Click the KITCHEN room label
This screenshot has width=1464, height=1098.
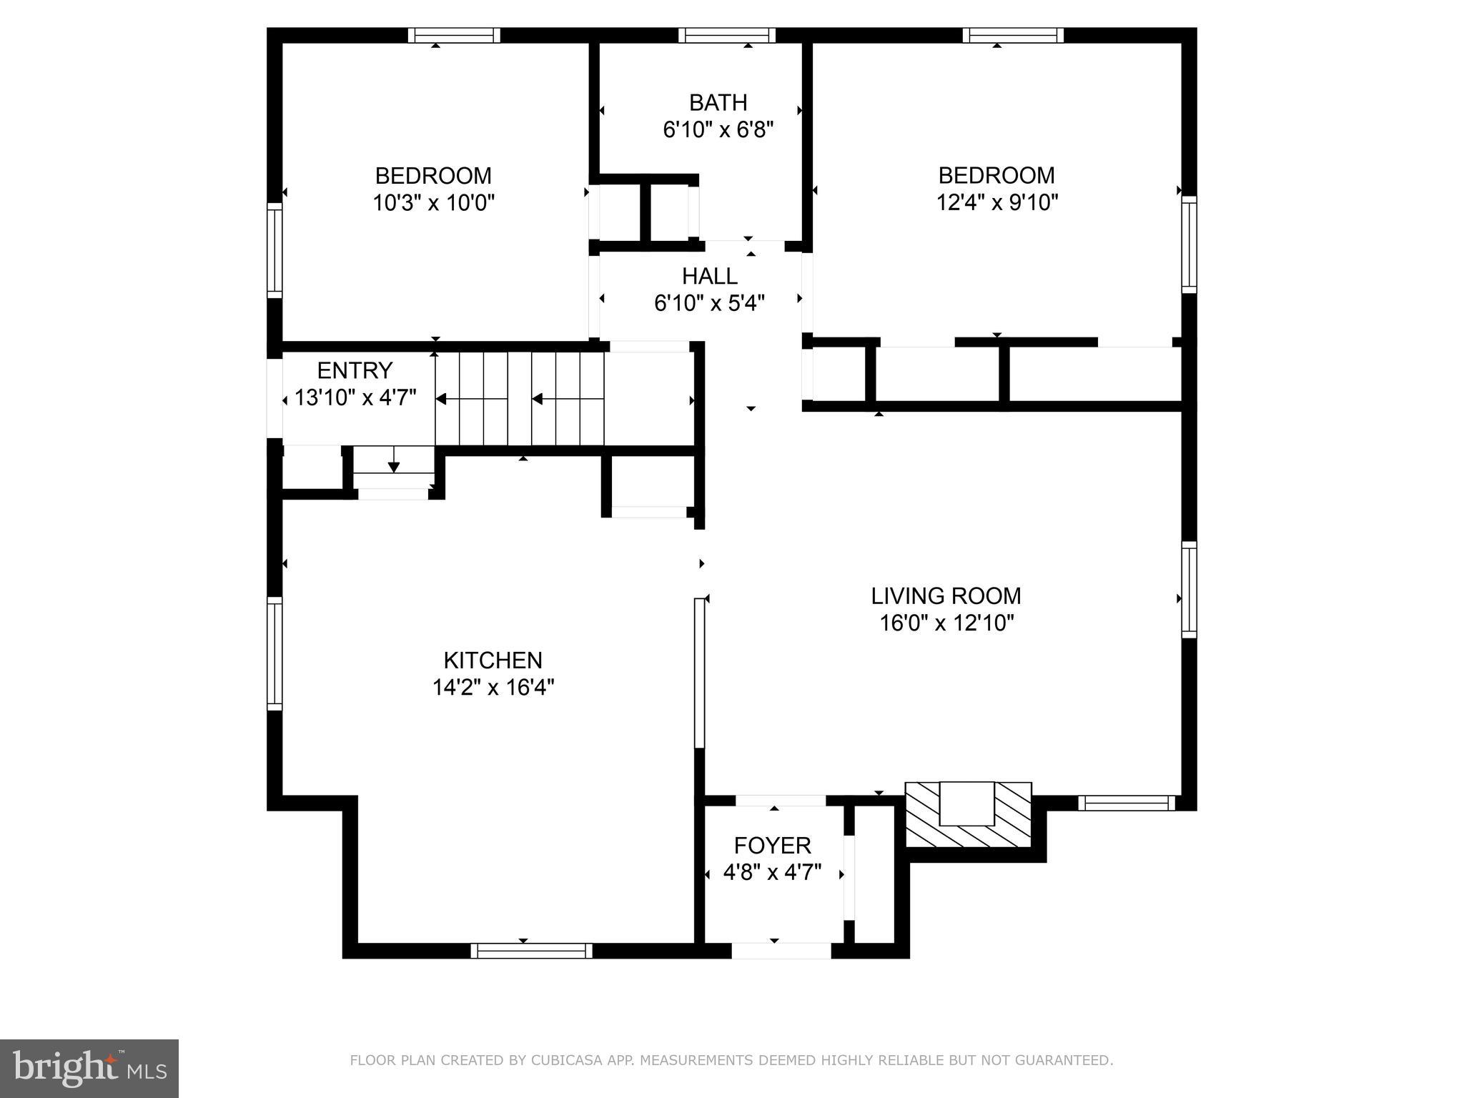(493, 660)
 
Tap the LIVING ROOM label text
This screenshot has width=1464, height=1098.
(946, 595)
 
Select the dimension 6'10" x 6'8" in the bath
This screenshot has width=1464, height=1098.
(718, 130)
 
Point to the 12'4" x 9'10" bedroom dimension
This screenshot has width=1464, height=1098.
(996, 203)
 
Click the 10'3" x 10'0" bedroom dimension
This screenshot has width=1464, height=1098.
(433, 203)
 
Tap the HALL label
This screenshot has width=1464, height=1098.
(709, 276)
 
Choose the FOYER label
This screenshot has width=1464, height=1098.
(772, 846)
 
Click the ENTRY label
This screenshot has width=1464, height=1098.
(355, 370)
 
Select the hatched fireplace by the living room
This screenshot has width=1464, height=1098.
(968, 815)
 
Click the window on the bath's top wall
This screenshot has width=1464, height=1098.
(726, 35)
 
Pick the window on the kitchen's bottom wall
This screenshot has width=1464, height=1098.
(531, 951)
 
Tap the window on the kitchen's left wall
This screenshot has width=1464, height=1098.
(274, 653)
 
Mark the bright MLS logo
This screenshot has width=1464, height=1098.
(89, 1069)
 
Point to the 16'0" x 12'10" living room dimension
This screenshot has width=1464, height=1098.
(946, 623)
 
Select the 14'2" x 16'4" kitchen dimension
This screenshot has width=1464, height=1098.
(493, 688)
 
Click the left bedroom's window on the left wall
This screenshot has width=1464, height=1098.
(274, 250)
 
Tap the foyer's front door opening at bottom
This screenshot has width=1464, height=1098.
(781, 951)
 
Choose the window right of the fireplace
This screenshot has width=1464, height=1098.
(1126, 803)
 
